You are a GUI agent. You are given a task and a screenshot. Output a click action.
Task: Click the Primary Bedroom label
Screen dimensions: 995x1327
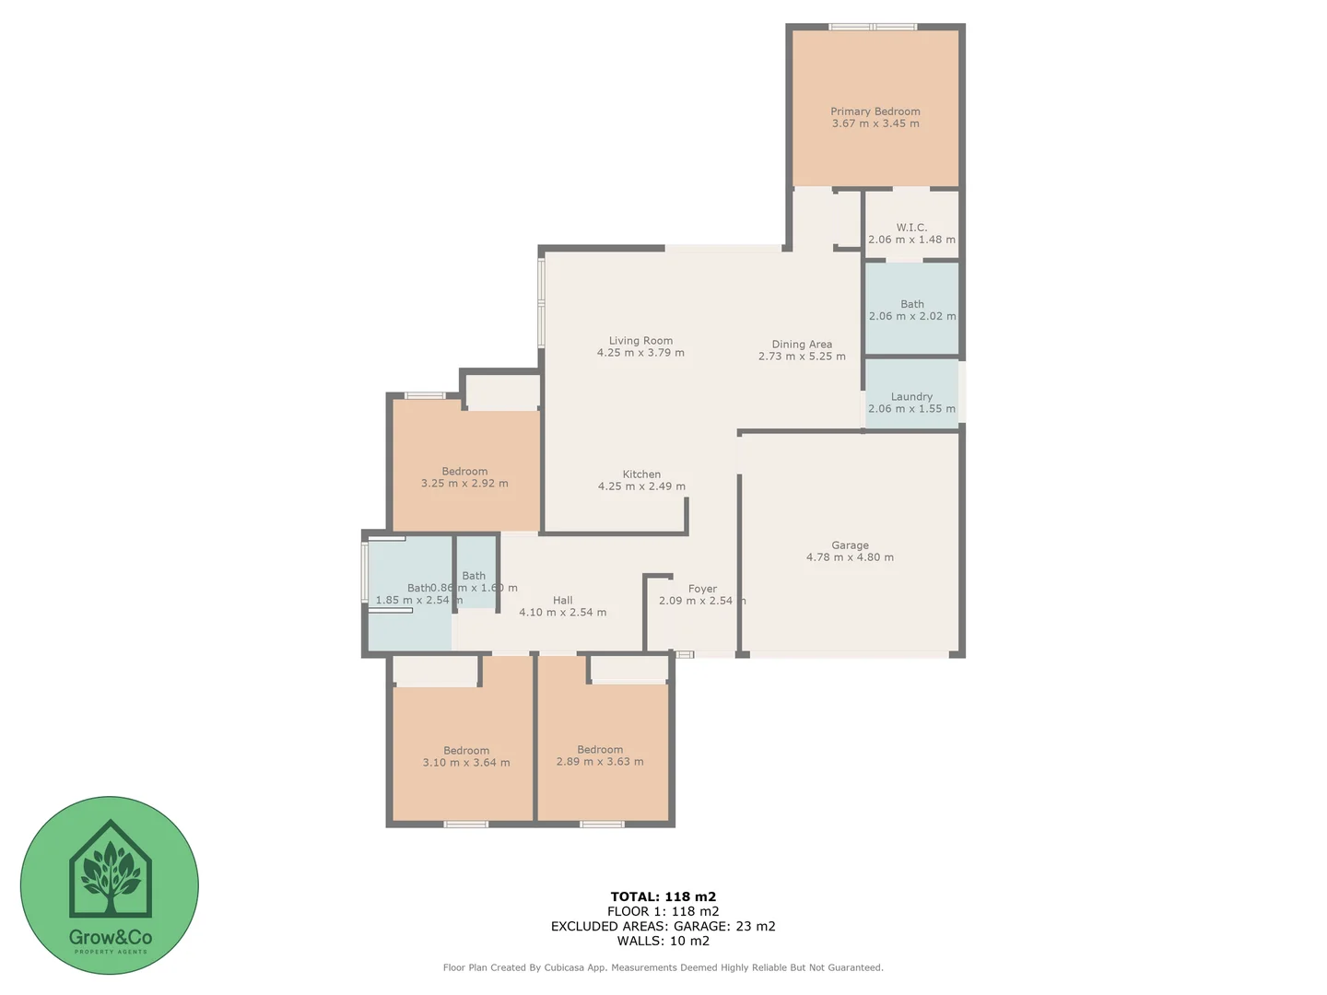coord(875,111)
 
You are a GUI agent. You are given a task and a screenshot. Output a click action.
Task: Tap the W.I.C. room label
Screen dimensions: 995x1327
coord(911,228)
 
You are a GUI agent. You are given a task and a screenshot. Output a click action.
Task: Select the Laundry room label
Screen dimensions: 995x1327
coord(911,397)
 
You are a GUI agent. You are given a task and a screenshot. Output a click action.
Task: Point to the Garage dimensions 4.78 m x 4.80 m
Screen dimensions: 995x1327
coord(850,557)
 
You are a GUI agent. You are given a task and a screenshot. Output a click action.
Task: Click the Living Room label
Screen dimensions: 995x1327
coord(640,341)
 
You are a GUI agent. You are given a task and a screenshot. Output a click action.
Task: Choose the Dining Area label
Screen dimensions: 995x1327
coord(802,345)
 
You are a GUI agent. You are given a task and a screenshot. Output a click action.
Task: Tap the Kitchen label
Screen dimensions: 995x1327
coord(641,474)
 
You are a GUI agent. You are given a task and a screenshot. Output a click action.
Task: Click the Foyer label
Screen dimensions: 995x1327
coord(702,589)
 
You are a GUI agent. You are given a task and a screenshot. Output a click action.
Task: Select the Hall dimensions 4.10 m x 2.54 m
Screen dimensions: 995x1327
coord(562,613)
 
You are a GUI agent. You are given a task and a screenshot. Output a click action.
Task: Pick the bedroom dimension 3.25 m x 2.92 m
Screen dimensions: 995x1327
coord(464,484)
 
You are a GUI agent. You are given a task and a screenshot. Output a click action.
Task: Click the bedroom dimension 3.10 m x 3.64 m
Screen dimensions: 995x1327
coord(466,763)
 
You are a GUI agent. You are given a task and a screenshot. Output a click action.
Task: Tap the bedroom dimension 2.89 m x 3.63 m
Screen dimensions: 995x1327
coord(600,762)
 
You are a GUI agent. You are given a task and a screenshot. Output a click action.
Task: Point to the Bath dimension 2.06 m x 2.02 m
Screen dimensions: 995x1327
coord(911,316)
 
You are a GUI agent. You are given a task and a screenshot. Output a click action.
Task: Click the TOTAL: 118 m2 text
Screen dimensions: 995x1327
coord(663,896)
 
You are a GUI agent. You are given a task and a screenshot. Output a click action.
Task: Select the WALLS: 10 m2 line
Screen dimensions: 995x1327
coord(663,941)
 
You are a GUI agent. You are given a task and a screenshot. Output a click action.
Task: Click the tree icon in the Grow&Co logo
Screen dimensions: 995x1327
coord(110,871)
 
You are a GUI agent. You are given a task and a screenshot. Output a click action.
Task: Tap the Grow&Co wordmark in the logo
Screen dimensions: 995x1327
coord(110,937)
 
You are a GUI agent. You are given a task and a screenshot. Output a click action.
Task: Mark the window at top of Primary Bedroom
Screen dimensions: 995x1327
coord(873,27)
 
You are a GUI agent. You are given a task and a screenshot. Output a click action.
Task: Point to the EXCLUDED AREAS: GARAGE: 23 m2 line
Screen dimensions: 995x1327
coord(663,926)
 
